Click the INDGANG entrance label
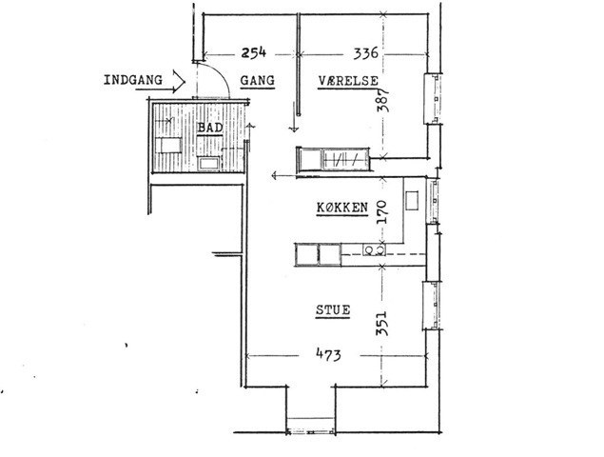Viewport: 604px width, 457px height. tap(133, 80)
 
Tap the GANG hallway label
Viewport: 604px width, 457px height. tap(258, 81)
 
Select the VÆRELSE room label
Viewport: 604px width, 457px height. tap(348, 81)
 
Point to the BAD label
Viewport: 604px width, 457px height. tap(210, 128)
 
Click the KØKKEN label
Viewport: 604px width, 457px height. tap(342, 208)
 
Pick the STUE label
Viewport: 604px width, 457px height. tap(333, 310)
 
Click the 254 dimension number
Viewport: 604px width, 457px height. tap(253, 52)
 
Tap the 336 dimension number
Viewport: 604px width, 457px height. tap(366, 52)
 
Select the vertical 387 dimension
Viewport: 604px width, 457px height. tap(383, 100)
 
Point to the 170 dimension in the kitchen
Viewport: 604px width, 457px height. tap(381, 212)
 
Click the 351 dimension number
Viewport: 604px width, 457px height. tap(382, 323)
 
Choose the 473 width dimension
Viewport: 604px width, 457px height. tap(328, 354)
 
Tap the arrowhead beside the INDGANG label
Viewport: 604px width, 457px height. tap(179, 81)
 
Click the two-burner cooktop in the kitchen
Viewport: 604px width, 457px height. tap(374, 249)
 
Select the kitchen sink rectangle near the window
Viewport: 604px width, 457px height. tap(412, 201)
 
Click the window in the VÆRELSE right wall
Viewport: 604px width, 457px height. tap(433, 99)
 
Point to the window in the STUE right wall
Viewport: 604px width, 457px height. tap(432, 306)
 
